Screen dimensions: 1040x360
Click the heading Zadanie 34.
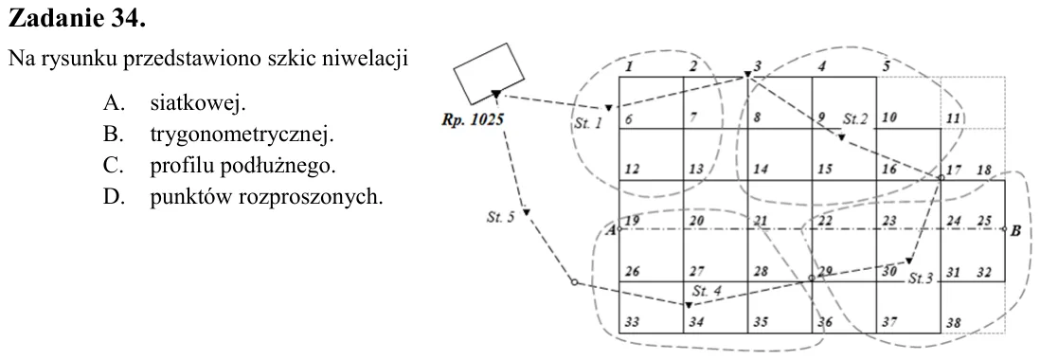(x=77, y=20)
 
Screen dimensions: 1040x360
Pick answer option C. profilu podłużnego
(x=220, y=166)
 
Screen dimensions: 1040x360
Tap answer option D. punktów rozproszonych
(x=242, y=197)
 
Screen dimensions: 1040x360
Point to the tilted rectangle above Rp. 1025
(x=488, y=74)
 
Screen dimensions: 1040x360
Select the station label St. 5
(x=501, y=218)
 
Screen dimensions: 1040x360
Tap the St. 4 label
(x=706, y=291)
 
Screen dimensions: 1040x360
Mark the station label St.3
(x=921, y=279)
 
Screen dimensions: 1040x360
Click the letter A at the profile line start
(x=612, y=231)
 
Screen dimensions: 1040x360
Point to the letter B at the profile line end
(x=1015, y=231)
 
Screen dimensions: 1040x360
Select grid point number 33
(x=632, y=323)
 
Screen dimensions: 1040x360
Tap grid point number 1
(x=630, y=65)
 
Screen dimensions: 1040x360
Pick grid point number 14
(x=761, y=169)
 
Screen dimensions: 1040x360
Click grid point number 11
(x=953, y=118)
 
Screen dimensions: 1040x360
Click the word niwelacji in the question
(x=372, y=61)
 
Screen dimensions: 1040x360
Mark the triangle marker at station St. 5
(x=526, y=211)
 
